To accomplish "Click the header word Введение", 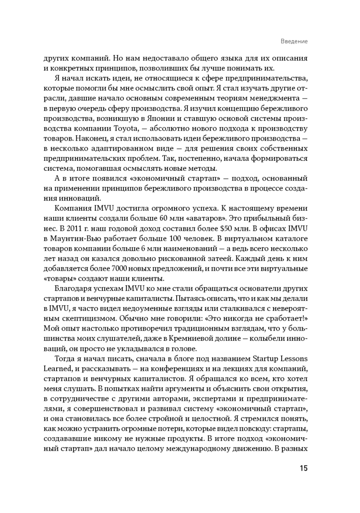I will (294, 41).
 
